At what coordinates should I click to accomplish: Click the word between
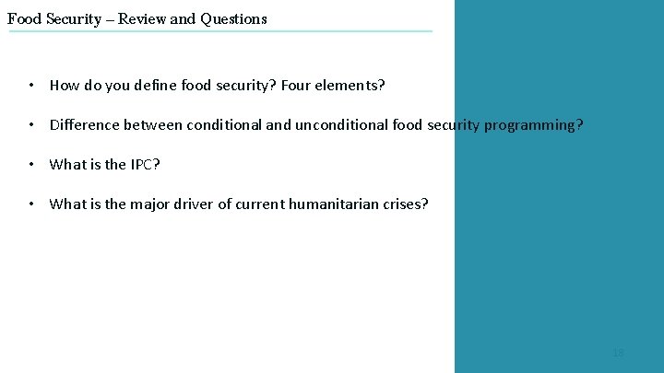coord(154,125)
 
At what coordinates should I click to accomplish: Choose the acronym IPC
coord(145,165)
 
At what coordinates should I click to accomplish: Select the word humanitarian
coord(336,204)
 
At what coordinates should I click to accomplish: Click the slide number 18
coord(618,353)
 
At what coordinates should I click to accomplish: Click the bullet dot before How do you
coord(31,86)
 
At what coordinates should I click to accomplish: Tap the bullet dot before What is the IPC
coord(31,165)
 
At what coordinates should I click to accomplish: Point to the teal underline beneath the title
coord(220,31)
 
